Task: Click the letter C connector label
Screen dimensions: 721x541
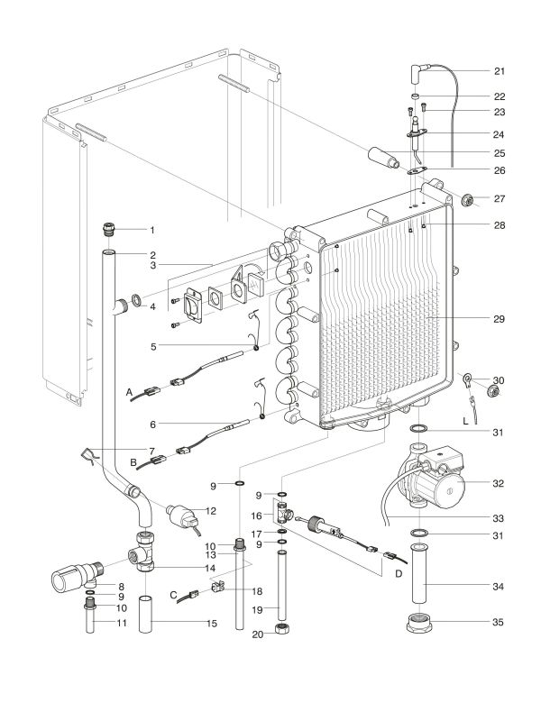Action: [172, 595]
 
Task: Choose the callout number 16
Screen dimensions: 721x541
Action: [256, 516]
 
